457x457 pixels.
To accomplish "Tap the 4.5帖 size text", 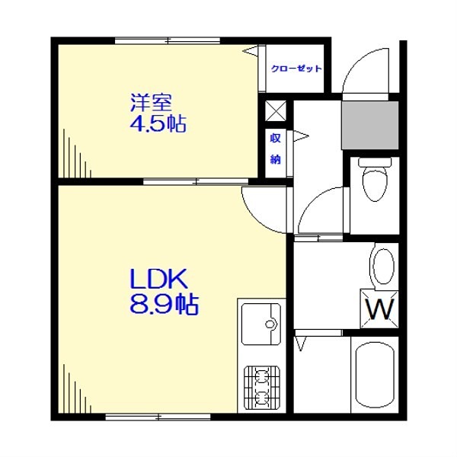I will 158,123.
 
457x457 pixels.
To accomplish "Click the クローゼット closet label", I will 296,69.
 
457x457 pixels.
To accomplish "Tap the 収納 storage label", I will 275,149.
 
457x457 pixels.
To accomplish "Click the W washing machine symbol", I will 379,309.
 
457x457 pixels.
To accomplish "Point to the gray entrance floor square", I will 369,123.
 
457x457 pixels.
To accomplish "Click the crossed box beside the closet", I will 276,111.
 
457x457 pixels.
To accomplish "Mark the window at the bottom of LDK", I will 160,416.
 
